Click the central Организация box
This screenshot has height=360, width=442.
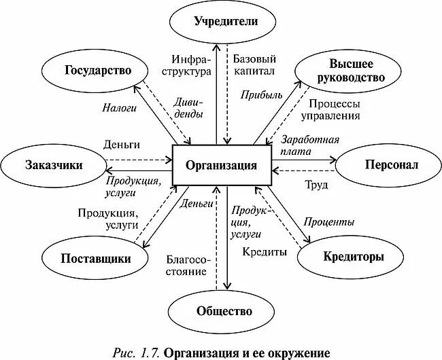point(221,164)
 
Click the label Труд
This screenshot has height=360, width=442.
point(317,184)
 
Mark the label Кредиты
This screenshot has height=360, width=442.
point(265,251)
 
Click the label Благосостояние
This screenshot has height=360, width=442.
point(186,265)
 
